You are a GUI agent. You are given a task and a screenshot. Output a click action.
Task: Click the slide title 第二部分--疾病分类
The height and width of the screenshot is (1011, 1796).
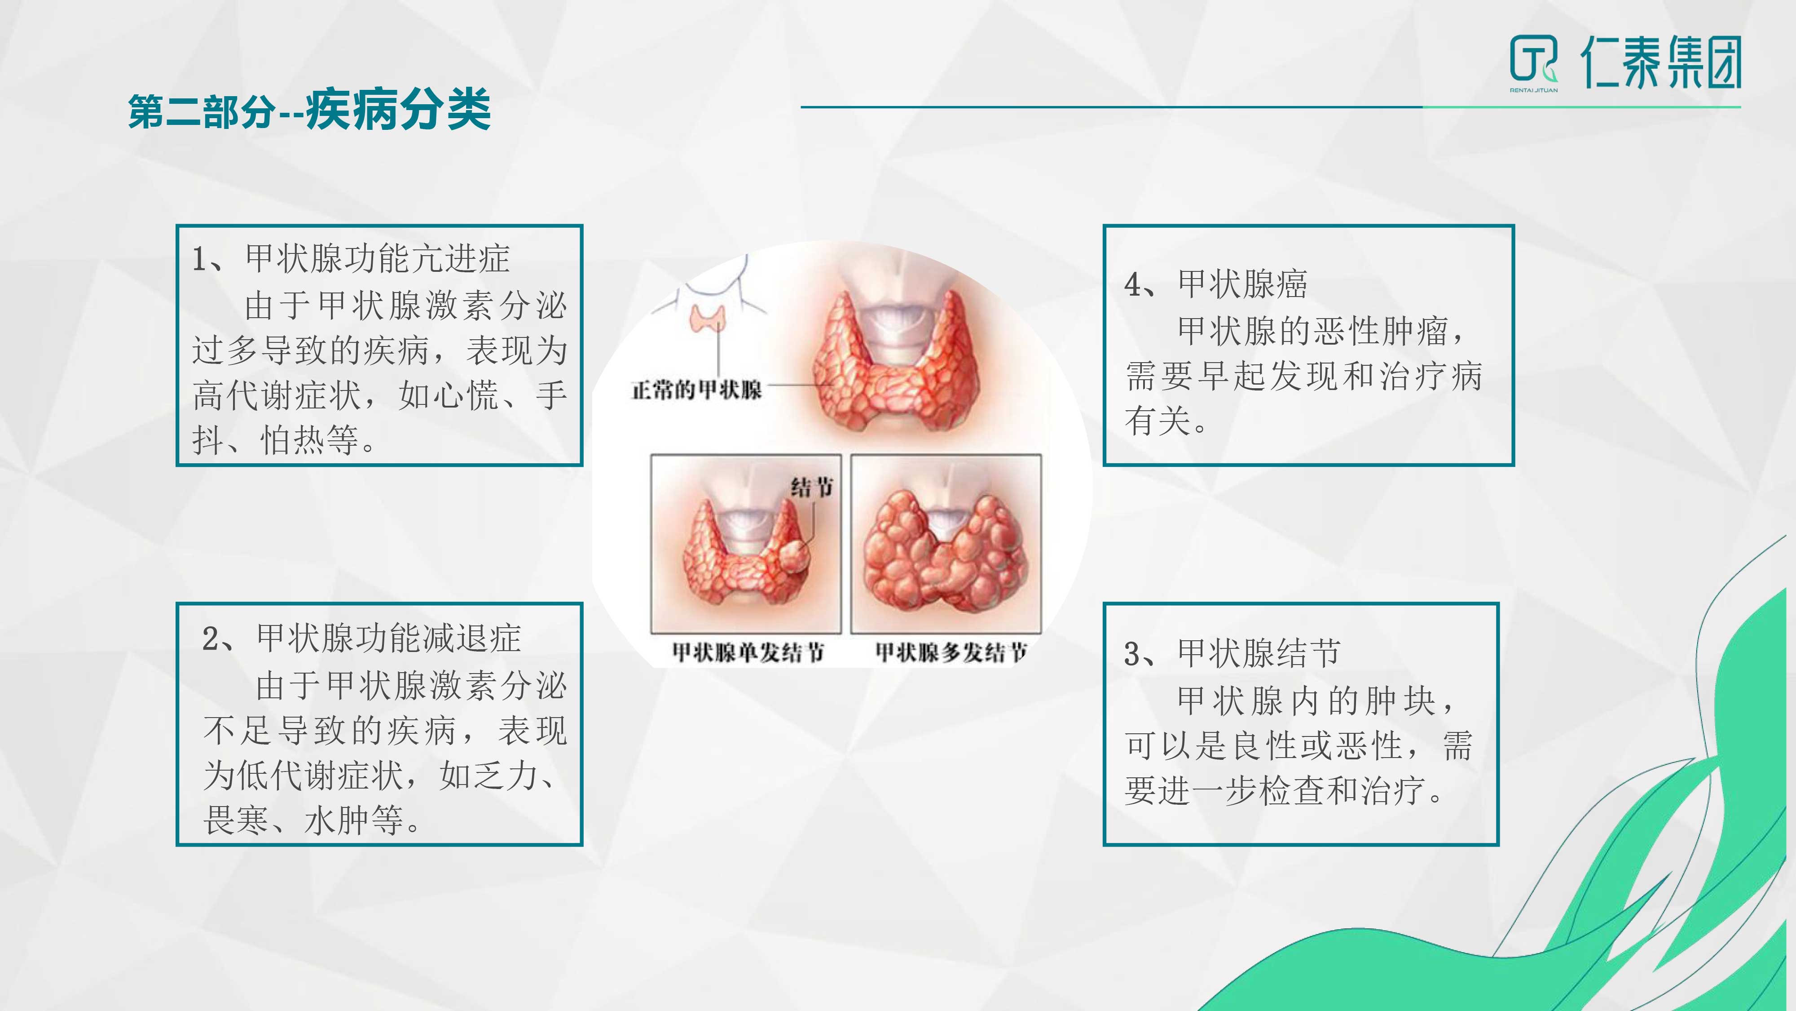pos(309,110)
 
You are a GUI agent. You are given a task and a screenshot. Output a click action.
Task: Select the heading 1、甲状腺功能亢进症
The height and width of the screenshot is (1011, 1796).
pos(351,259)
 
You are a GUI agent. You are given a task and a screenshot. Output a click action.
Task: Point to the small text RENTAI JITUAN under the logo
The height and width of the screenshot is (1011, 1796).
pos(1534,90)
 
